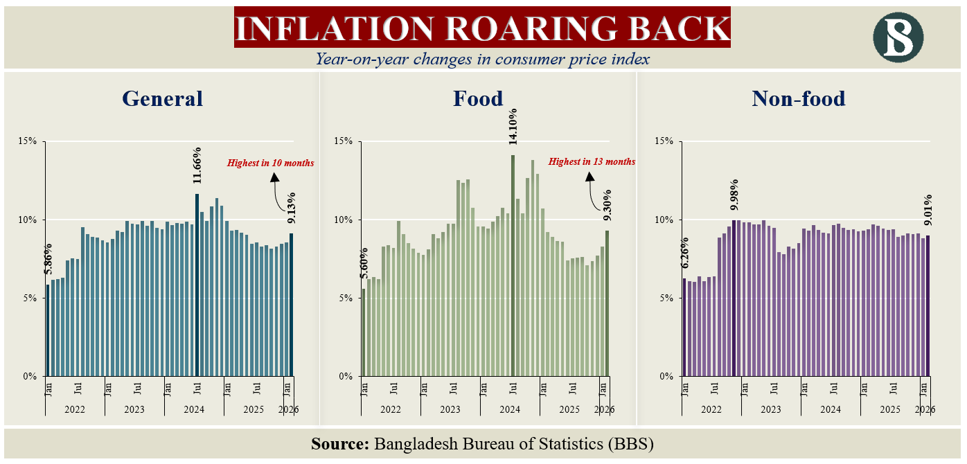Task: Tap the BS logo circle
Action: click(898, 36)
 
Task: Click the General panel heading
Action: click(162, 98)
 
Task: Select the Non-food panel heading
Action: click(798, 98)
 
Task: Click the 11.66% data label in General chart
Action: click(197, 165)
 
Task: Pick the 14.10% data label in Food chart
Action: click(513, 126)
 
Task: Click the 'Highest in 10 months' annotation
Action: click(271, 163)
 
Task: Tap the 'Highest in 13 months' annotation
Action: click(592, 162)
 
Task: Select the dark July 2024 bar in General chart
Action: click(197, 285)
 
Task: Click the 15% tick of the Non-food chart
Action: click(664, 141)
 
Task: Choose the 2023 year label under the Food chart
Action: click(450, 409)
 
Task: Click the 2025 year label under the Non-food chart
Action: click(889, 409)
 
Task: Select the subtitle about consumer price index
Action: click(483, 59)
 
